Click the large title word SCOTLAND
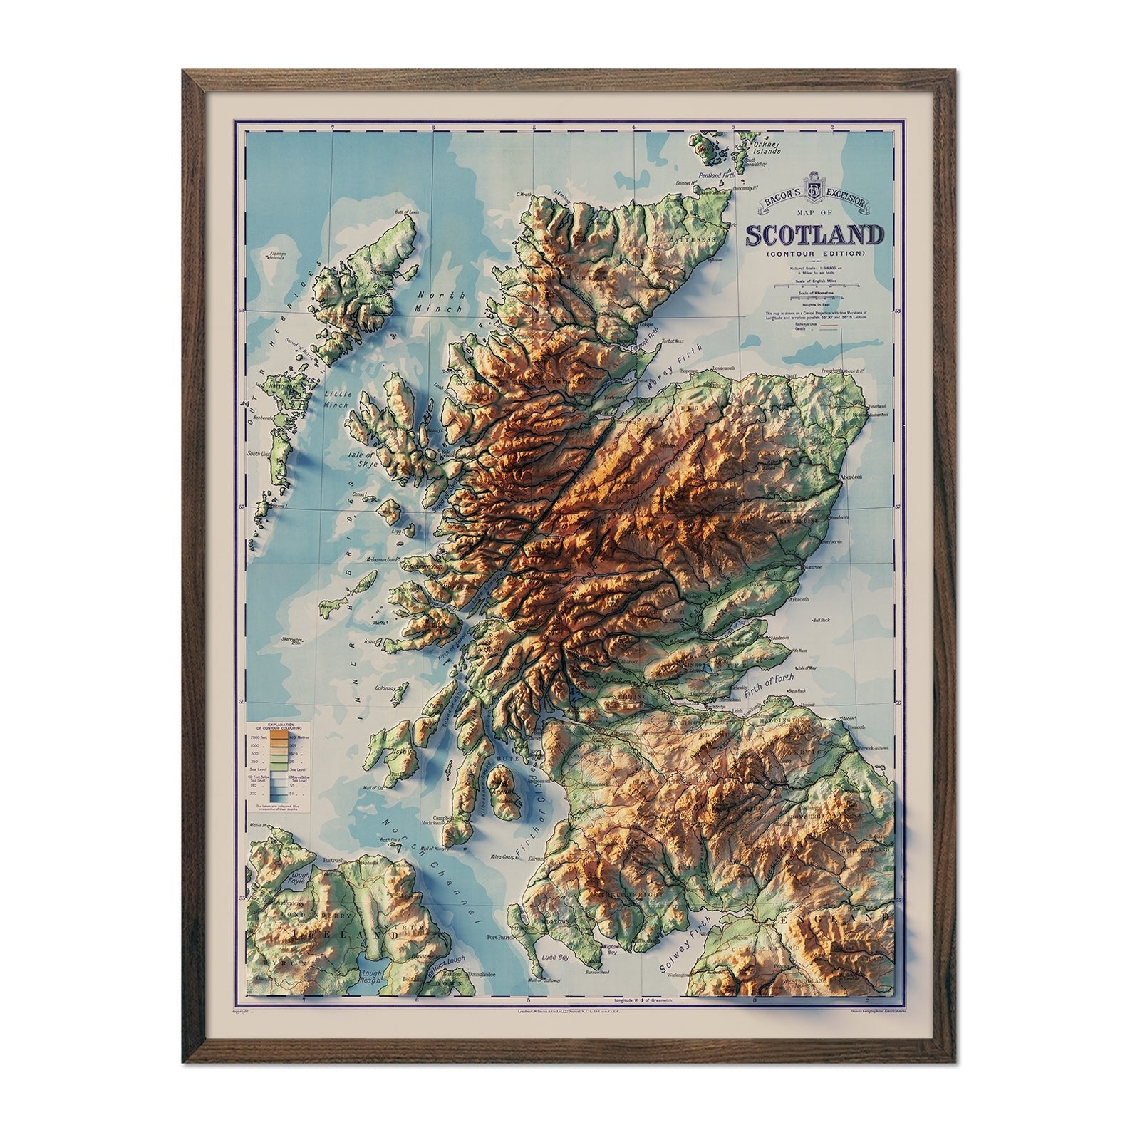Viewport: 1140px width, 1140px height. pos(814,236)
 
